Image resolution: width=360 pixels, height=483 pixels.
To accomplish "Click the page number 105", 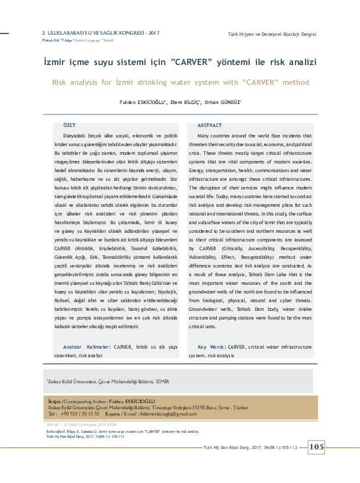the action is (315, 447).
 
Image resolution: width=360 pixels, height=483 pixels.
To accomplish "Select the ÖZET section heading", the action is (71, 125).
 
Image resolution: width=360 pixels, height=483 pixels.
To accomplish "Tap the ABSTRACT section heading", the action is (209, 125).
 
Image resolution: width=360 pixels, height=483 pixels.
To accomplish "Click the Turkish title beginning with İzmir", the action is (180, 63).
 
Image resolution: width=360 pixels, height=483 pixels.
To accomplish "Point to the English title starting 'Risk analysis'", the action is (180, 82).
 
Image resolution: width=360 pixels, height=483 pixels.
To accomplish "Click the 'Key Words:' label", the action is (211, 347).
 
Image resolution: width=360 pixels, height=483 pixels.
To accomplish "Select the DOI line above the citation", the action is (72, 425).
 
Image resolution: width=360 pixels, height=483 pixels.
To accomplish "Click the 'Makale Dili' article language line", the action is (65, 39).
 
